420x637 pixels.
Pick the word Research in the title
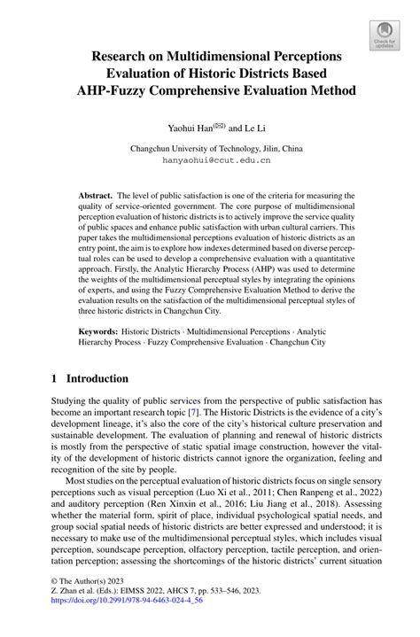click(123, 56)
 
